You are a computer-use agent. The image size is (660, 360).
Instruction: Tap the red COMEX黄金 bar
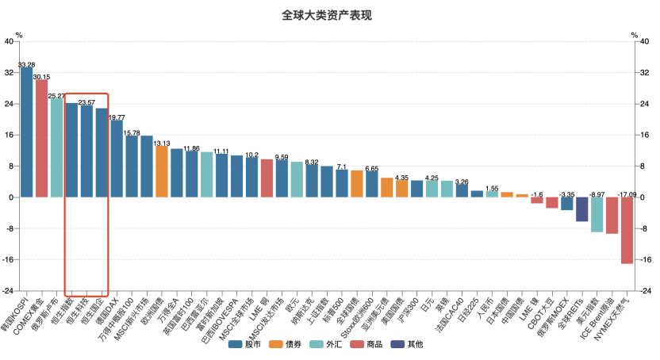pyautogui.click(x=41, y=138)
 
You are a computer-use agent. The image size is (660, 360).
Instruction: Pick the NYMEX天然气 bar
pyautogui.click(x=627, y=230)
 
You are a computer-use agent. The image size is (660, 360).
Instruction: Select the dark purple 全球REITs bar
pyautogui.click(x=581, y=209)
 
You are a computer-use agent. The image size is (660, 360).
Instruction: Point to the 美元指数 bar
pyautogui.click(x=597, y=214)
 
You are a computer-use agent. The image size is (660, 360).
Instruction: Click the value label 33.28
pyautogui.click(x=26, y=64)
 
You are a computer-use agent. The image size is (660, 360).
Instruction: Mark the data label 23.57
pyautogui.click(x=86, y=102)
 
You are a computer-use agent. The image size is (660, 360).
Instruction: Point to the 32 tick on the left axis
pyautogui.click(x=10, y=72)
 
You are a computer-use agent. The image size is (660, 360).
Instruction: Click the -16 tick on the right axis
pyautogui.click(x=647, y=259)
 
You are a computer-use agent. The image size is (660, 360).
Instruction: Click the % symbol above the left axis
pyautogui.click(x=19, y=35)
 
